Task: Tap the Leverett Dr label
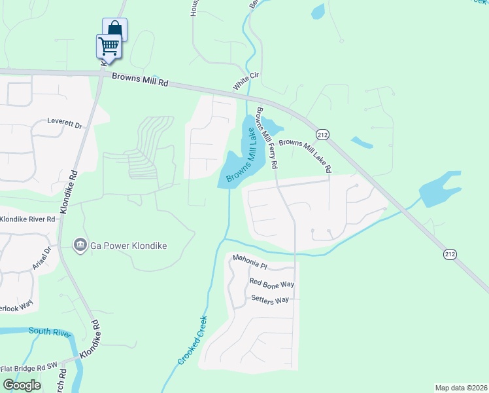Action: pos(65,122)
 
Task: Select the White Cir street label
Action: pos(246,82)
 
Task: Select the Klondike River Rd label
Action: pos(27,219)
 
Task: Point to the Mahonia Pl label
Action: pos(250,262)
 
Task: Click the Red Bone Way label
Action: pos(272,284)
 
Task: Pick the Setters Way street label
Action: pos(270,299)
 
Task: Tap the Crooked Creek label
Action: pos(193,340)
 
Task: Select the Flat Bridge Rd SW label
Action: pos(29,368)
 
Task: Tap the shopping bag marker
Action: pos(114,28)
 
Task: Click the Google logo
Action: pos(22,384)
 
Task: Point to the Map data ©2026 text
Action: pos(461,388)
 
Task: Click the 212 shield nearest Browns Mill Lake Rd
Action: pos(322,134)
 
